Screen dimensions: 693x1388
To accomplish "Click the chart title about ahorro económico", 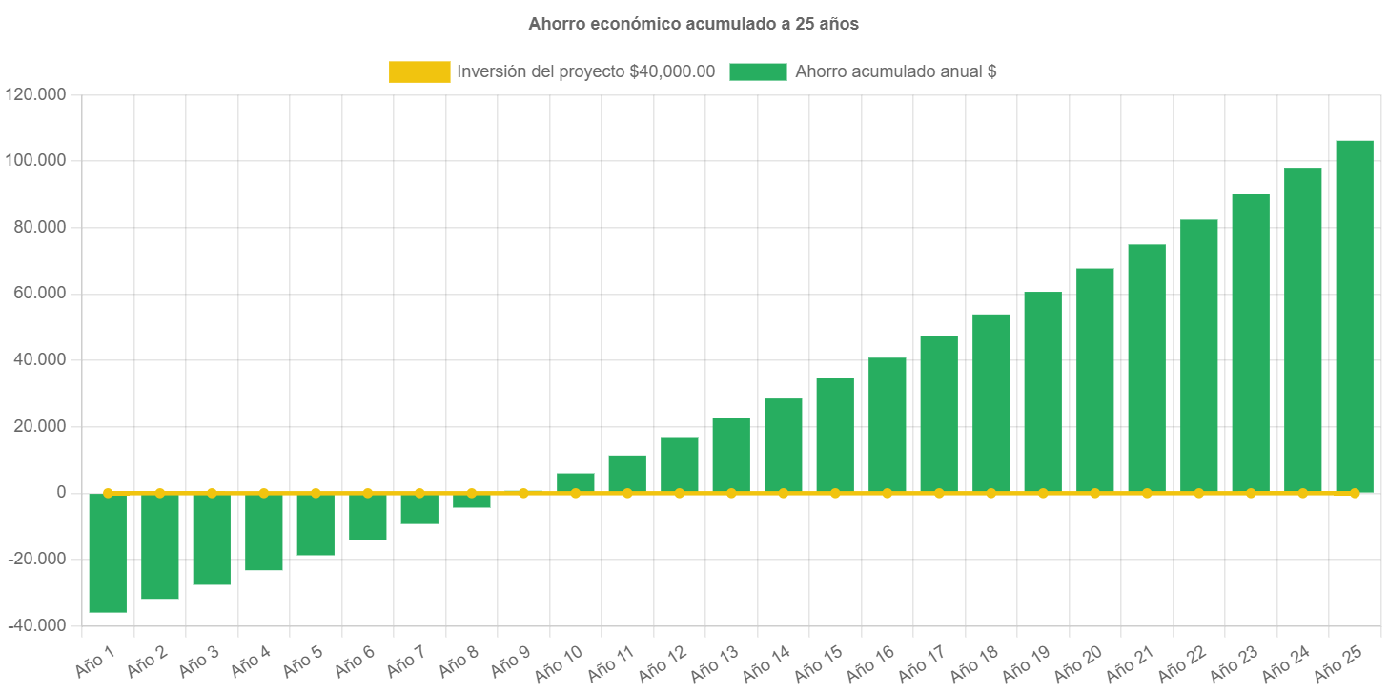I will click(693, 25).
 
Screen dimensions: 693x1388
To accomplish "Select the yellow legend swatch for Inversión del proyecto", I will click(419, 71).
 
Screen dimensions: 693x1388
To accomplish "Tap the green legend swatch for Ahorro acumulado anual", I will click(758, 71).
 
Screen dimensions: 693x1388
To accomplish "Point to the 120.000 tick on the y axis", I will click(35, 94).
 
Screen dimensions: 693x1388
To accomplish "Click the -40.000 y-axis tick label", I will click(35, 625).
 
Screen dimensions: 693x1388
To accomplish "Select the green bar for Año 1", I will click(108, 553).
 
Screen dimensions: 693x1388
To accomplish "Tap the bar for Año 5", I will click(316, 524).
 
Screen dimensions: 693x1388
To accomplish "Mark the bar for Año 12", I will click(679, 464).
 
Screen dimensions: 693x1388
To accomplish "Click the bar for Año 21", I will click(1147, 368).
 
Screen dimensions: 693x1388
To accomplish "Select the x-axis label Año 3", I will click(199, 659).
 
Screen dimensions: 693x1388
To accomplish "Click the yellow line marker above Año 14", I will click(784, 493).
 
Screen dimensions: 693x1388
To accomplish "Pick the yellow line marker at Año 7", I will click(419, 493).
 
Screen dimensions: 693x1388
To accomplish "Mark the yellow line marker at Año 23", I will click(1251, 493).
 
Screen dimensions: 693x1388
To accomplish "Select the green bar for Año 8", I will click(472, 501).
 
